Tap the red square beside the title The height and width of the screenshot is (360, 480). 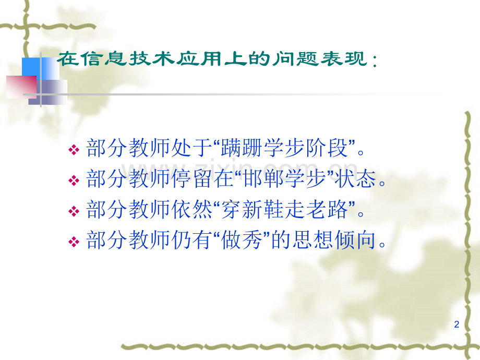[x=20, y=86]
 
